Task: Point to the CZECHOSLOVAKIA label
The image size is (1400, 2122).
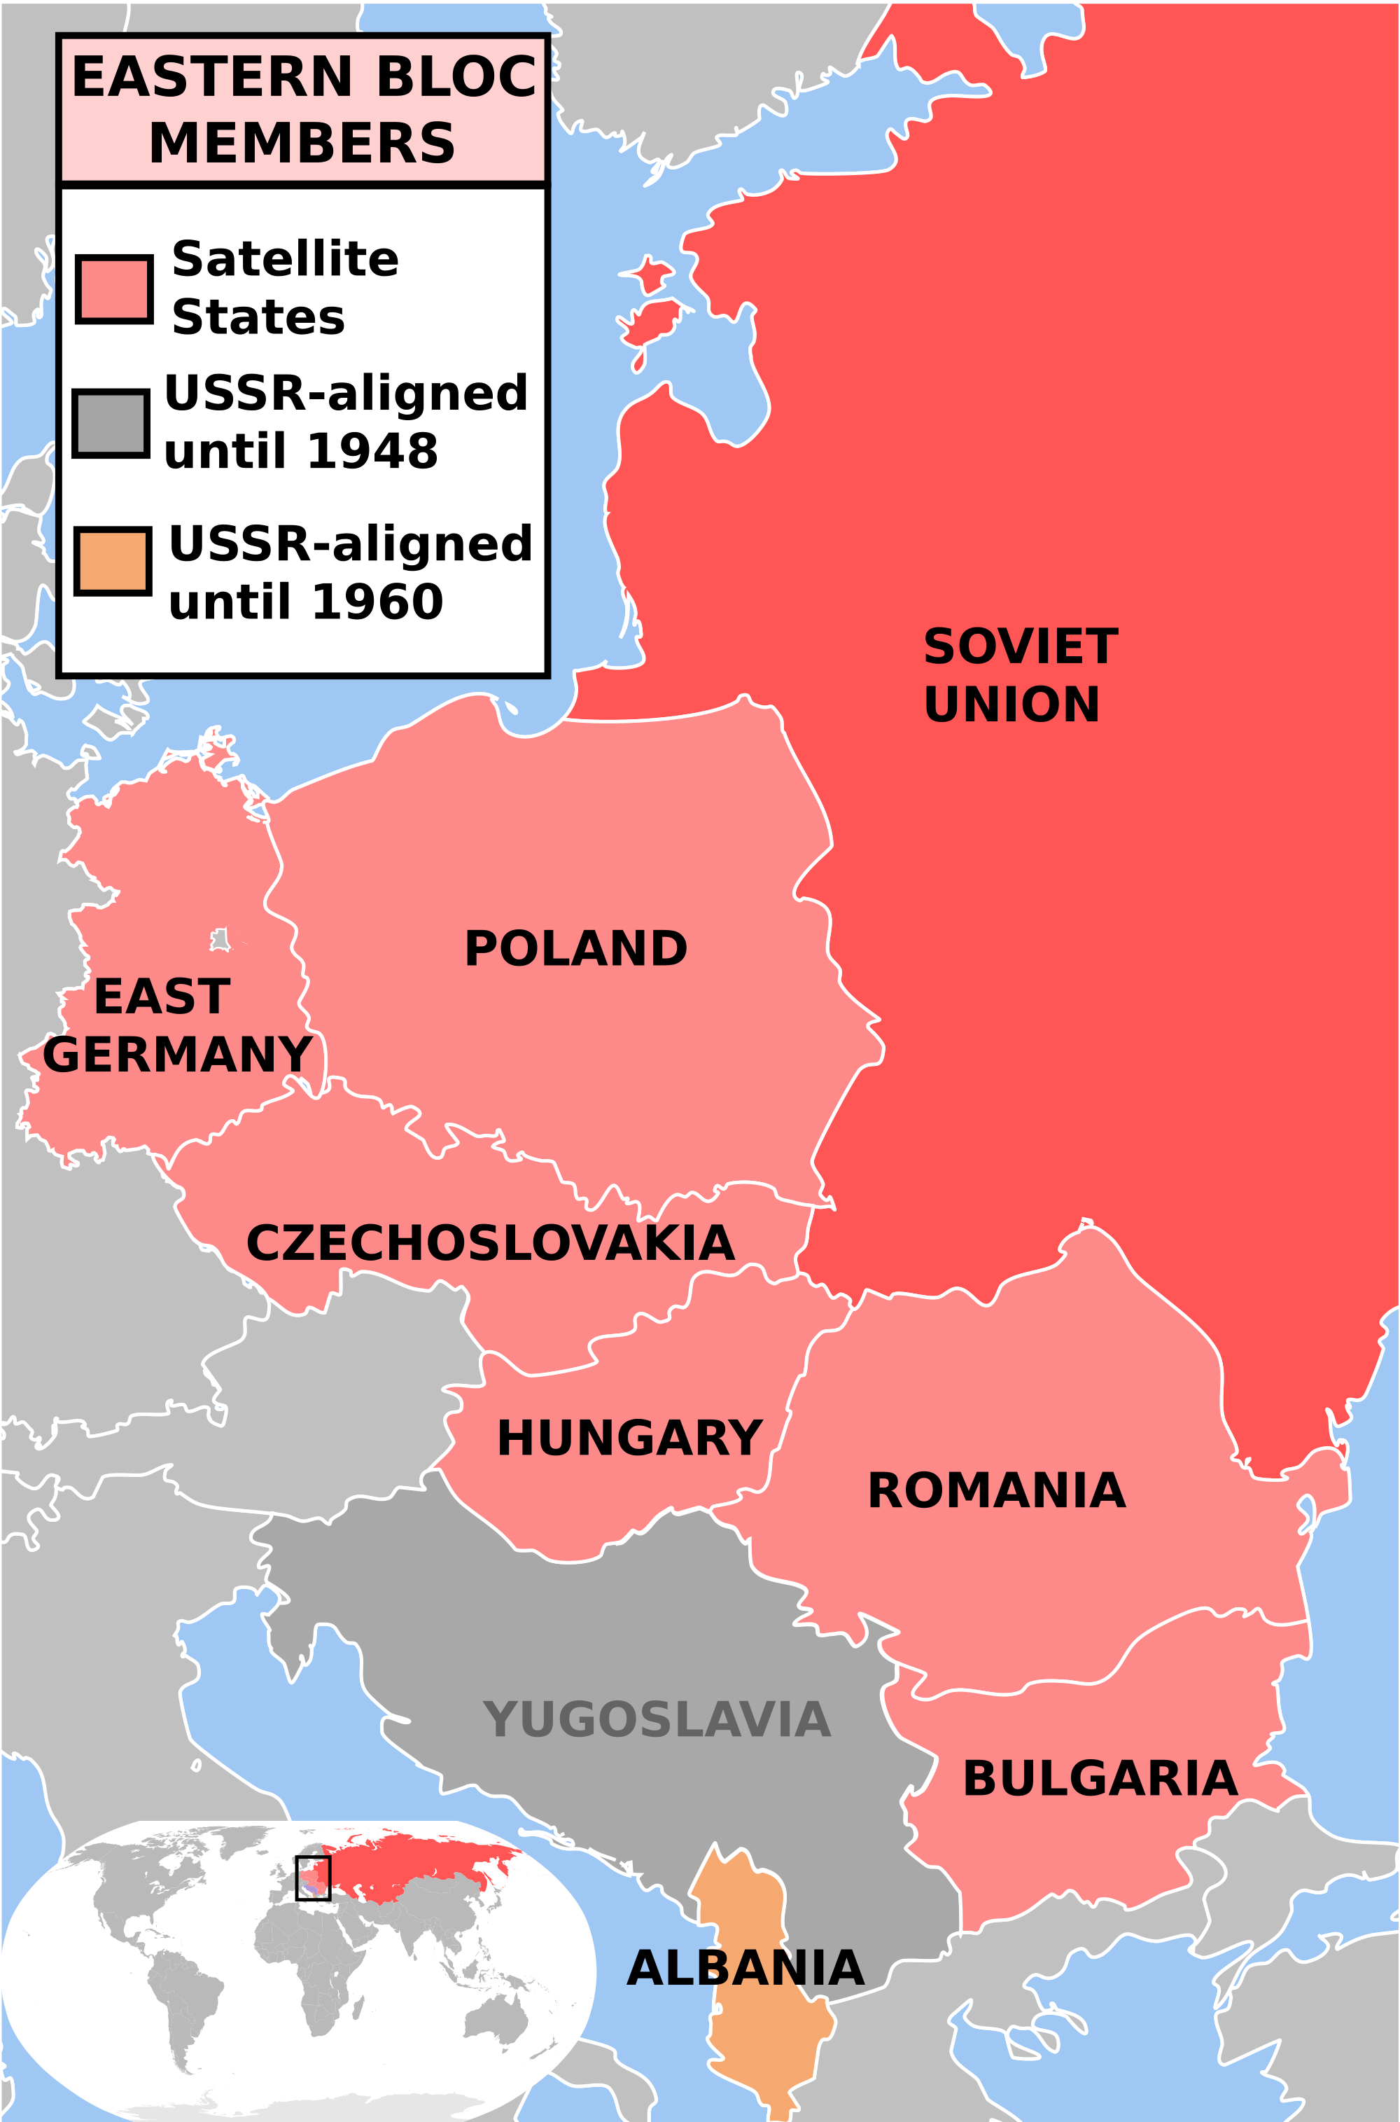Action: point(490,1244)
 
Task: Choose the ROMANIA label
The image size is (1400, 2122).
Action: point(995,1492)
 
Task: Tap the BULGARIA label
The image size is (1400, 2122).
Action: point(1099,1779)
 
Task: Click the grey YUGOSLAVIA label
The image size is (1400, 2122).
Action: point(657,1720)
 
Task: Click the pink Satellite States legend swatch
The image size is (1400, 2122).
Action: point(113,289)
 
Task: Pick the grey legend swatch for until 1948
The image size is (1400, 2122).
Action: point(111,423)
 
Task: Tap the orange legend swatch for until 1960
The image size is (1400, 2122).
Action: point(113,561)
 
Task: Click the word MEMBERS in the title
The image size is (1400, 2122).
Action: point(302,144)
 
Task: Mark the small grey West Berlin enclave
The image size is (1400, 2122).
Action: point(220,941)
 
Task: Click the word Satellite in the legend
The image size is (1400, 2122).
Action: point(285,260)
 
